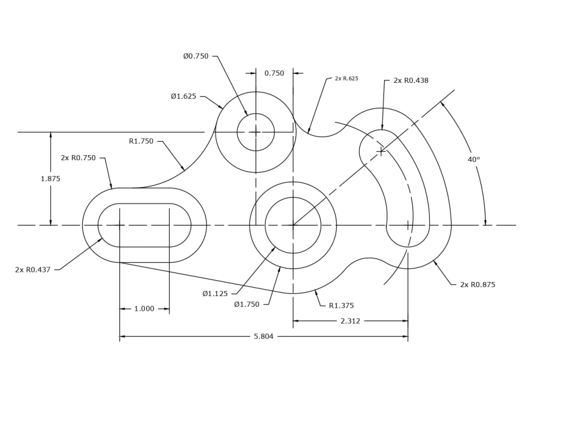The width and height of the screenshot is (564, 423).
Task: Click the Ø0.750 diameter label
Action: (196, 56)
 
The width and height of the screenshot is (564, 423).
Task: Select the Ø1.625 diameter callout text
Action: (184, 96)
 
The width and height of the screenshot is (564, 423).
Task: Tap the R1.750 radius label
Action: (141, 142)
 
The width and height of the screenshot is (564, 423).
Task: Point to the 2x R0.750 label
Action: (78, 158)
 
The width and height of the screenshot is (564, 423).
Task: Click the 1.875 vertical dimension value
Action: (50, 179)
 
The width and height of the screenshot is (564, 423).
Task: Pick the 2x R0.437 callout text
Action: (33, 270)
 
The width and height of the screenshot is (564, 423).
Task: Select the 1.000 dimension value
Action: (144, 309)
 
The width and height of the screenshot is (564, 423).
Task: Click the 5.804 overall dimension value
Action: (263, 337)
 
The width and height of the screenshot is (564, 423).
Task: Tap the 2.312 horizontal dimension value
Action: (350, 321)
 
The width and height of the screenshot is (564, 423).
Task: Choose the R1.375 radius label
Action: (341, 306)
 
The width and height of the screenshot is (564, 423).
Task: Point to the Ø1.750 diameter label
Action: (247, 305)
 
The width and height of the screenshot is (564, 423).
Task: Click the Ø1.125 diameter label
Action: (215, 294)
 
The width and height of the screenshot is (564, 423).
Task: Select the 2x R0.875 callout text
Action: (478, 285)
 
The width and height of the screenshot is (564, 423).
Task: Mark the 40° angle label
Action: (474, 160)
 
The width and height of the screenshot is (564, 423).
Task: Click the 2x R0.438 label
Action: (411, 81)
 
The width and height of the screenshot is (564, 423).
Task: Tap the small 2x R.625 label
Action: (346, 79)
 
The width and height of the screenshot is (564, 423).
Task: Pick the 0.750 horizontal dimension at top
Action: (274, 73)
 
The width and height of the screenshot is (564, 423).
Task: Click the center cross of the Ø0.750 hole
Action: (255, 132)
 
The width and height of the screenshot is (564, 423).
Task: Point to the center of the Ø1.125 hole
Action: (293, 225)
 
